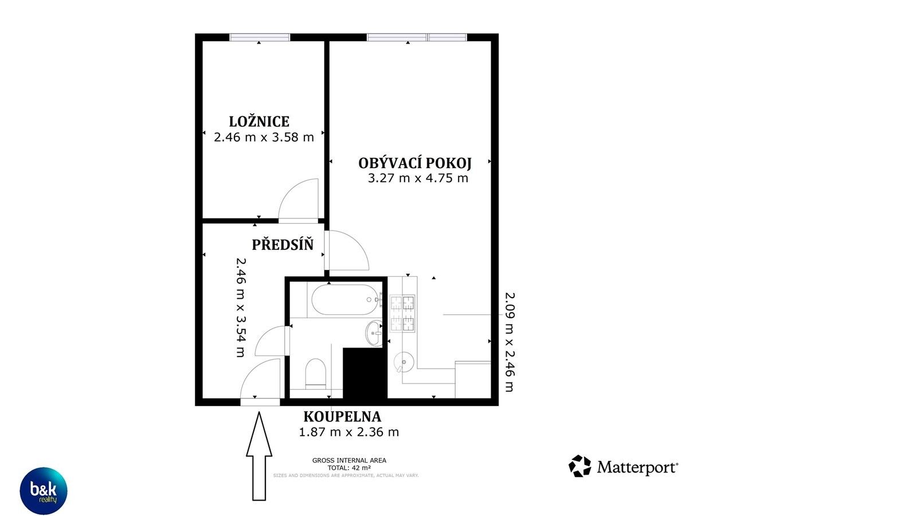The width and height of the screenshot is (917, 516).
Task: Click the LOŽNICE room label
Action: [x=259, y=122]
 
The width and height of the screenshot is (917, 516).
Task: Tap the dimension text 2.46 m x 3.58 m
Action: [x=264, y=138]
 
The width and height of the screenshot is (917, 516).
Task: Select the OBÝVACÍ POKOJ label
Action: [x=415, y=163]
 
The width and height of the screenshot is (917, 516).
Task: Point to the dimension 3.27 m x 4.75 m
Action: [x=418, y=178]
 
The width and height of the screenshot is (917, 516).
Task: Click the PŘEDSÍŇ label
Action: [x=283, y=245]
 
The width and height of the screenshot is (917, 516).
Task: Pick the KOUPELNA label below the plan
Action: [x=342, y=417]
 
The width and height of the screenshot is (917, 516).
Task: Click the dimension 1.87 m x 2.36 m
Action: [x=348, y=432]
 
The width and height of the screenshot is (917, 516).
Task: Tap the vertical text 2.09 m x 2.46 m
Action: [x=509, y=342]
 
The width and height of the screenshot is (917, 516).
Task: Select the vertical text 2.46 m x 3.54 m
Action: [x=241, y=307]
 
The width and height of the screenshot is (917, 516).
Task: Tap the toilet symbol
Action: [x=316, y=373]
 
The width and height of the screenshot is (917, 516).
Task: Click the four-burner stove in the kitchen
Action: [x=402, y=314]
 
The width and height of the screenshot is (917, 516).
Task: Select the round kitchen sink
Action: [x=405, y=362]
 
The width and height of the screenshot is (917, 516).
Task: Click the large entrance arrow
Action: [x=259, y=456]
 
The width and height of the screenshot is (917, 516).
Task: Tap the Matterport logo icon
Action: [x=579, y=466]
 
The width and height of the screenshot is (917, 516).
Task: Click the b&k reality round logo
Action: [x=44, y=491]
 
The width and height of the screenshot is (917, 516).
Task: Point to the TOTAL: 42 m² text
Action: [x=349, y=468]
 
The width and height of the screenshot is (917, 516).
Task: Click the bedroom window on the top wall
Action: [x=260, y=37]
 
